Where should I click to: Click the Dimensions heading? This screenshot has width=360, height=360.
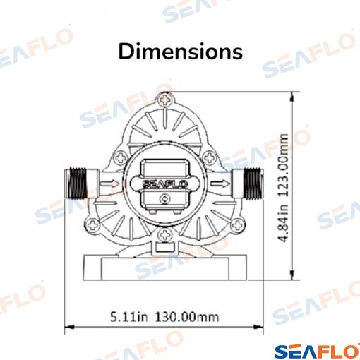click(x=181, y=52)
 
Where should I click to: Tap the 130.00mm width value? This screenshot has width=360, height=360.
click(x=187, y=317)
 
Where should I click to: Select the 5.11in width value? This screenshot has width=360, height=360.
click(x=129, y=317)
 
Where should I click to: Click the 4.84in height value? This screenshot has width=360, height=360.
click(x=283, y=223)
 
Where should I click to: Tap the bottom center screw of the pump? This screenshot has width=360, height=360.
click(x=165, y=235)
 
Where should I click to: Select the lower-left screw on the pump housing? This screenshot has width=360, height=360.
click(x=92, y=225)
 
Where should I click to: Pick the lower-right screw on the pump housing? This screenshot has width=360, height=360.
click(x=237, y=225)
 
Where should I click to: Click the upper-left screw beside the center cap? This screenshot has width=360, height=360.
click(x=121, y=157)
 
